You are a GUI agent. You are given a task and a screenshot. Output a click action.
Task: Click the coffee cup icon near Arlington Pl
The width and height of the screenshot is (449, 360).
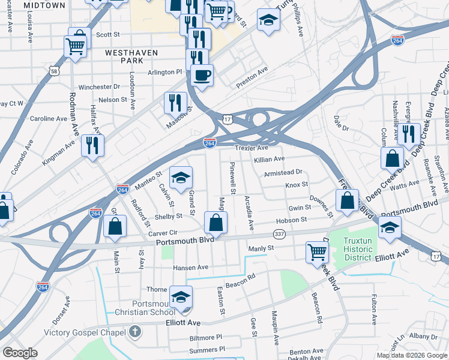[x=202, y=76]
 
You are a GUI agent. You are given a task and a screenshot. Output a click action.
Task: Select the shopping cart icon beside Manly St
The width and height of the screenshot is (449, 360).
[x=316, y=251]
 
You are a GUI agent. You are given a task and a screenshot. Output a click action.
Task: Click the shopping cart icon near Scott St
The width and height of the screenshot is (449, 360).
[x=75, y=46]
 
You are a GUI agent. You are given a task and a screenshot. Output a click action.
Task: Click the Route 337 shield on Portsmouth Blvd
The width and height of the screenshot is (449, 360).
[x=279, y=233]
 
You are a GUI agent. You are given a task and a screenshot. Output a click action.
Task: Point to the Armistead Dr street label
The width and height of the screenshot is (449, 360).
[x=282, y=172]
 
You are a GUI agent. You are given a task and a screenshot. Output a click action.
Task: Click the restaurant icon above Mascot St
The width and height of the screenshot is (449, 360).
[x=175, y=102]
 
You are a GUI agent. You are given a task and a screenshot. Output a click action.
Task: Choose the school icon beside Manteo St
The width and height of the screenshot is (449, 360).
[x=181, y=178]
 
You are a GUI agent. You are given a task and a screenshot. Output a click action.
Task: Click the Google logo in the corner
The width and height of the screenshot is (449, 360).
[x=20, y=353]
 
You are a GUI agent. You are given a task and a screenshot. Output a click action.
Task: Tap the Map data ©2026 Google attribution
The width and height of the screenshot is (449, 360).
[x=412, y=355]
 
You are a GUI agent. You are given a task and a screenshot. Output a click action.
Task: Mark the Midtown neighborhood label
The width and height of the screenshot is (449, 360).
[x=45, y=5]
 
